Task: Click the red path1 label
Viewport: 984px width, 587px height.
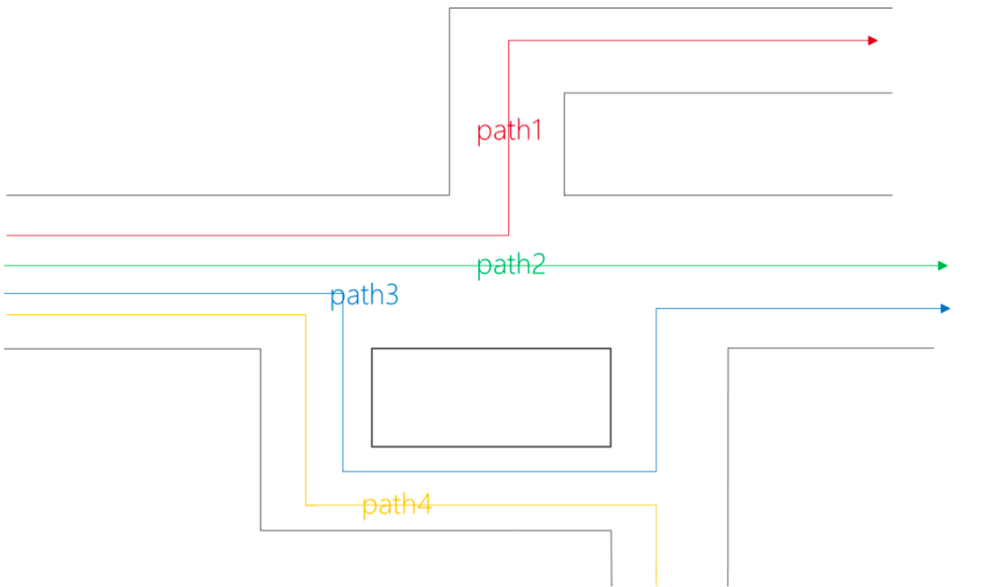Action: coord(509,131)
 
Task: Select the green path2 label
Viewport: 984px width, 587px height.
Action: coord(511,265)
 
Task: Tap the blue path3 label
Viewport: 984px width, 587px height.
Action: coord(364,295)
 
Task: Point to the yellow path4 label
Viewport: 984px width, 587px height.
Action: coord(397,504)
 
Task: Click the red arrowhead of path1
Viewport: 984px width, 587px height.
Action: coord(873,41)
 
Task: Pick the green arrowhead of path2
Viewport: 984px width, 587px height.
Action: coord(942,266)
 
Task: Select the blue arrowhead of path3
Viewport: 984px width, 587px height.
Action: coord(945,309)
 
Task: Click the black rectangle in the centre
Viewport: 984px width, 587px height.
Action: coord(491,397)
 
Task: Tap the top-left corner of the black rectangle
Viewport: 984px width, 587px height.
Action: coord(372,348)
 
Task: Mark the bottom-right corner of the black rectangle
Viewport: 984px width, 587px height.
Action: coord(611,447)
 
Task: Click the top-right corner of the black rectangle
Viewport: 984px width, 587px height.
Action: coord(611,348)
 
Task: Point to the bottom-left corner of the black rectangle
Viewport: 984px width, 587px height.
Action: coord(372,447)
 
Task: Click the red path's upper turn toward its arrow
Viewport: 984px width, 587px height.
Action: coord(509,41)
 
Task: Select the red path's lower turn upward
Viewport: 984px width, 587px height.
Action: coord(509,236)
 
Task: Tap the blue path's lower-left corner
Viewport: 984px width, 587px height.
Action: coord(343,471)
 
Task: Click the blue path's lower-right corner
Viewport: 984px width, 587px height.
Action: coord(656,471)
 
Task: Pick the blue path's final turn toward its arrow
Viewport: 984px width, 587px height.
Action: coord(656,309)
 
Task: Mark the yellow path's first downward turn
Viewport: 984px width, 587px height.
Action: coord(306,315)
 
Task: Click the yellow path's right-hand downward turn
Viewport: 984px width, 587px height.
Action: coord(656,505)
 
